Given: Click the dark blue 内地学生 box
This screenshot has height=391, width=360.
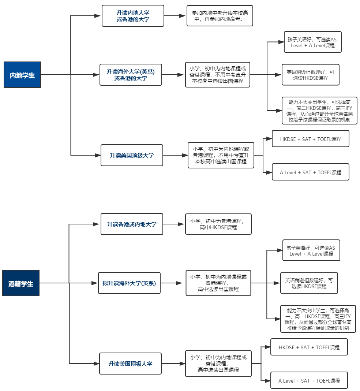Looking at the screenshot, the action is pyautogui.click(x=22, y=75).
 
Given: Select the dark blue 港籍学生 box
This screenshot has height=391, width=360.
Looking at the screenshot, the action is pyautogui.click(x=21, y=283).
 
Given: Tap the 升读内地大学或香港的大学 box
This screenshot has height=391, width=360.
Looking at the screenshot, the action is pyautogui.click(x=133, y=16).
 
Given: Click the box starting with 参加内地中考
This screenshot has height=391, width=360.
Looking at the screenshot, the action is pyautogui.click(x=220, y=16).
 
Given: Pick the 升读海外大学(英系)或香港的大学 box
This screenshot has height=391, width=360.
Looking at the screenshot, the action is pyautogui.click(x=131, y=75).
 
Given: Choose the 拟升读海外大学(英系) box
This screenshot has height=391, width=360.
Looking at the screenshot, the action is pyautogui.click(x=129, y=283).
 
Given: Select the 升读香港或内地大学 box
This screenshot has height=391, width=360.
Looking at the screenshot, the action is pyautogui.click(x=132, y=224).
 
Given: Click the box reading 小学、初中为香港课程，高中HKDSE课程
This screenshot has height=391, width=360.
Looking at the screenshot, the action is pyautogui.click(x=218, y=224).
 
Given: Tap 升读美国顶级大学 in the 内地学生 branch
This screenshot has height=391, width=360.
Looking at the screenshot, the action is pyautogui.click(x=132, y=155).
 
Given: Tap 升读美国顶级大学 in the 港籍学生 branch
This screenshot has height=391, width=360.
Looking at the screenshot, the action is pyautogui.click(x=130, y=364).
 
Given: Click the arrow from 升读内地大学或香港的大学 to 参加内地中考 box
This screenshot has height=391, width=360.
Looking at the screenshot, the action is pyautogui.click(x=175, y=16).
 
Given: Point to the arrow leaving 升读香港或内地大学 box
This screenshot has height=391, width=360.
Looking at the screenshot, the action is pyautogui.click(x=174, y=224).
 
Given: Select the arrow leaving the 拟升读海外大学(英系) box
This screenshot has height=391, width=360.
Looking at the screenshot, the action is pyautogui.click(x=172, y=283).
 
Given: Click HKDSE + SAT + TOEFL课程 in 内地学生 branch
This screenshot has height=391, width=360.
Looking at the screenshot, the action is pyautogui.click(x=310, y=139).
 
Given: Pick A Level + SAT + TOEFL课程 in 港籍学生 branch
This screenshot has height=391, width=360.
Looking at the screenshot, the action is pyautogui.click(x=309, y=380).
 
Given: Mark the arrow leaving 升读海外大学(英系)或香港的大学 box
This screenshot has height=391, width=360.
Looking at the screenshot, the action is pyautogui.click(x=173, y=75).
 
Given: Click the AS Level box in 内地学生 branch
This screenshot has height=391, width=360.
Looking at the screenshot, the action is pyautogui.click(x=313, y=42).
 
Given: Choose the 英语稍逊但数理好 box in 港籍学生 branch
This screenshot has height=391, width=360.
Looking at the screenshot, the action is pyautogui.click(x=309, y=283).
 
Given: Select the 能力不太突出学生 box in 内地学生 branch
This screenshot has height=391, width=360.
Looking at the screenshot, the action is pyautogui.click(x=319, y=111).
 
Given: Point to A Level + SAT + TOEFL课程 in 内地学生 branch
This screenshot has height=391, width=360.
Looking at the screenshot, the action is pyautogui.click(x=310, y=172).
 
